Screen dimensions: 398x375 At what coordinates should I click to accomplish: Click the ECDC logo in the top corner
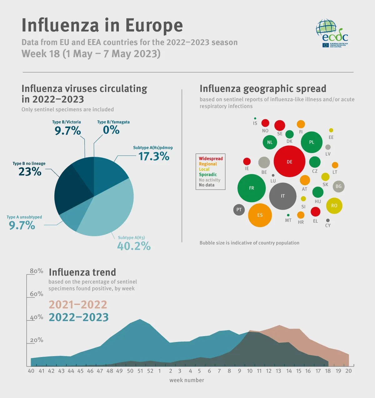click(x=332, y=33)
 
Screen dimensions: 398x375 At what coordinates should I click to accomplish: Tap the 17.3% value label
click(x=154, y=156)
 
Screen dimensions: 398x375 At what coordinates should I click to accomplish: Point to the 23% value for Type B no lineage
click(x=30, y=172)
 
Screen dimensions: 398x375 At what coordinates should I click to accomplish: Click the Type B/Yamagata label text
click(x=113, y=122)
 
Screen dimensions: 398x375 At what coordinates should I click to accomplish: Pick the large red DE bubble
click(x=289, y=162)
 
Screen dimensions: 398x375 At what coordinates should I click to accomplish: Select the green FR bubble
click(x=252, y=188)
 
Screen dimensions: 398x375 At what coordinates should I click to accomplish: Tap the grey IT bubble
click(x=283, y=196)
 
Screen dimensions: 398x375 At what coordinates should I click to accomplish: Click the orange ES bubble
click(x=260, y=215)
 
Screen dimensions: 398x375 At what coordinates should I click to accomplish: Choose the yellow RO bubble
click(x=334, y=206)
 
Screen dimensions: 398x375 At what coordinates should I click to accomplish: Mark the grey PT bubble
click(x=239, y=210)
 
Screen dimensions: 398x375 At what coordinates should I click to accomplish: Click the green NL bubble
click(x=270, y=142)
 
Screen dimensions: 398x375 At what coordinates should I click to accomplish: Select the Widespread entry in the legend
click(x=211, y=159)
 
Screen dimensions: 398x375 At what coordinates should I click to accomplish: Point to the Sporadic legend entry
click(x=208, y=175)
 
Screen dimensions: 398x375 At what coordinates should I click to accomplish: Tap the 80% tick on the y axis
click(x=37, y=271)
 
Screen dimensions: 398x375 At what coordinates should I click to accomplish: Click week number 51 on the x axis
click(x=140, y=371)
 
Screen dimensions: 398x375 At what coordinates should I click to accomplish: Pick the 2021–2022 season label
click(x=78, y=304)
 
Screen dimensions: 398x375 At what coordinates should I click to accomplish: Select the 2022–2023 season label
click(x=79, y=317)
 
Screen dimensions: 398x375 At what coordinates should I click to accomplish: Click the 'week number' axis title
click(x=187, y=380)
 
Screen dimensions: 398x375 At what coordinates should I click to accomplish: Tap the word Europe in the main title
click(x=154, y=25)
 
